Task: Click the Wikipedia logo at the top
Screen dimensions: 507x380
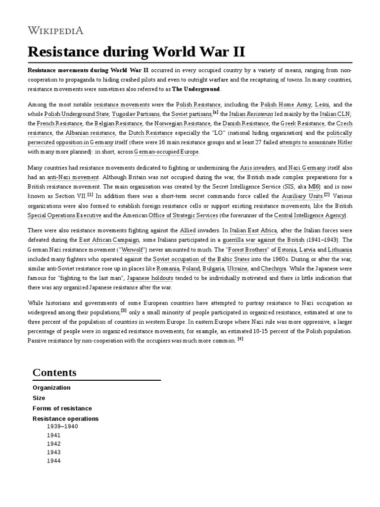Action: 55,31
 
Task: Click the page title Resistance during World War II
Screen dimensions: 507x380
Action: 136,52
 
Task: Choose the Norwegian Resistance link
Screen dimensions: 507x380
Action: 183,124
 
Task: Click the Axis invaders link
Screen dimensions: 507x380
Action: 257,168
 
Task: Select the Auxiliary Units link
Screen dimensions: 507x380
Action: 303,197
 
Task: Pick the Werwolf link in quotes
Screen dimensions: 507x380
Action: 135,249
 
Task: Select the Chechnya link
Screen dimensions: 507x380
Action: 274,268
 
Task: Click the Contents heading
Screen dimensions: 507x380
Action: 54,372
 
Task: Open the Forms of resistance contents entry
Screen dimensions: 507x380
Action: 62,408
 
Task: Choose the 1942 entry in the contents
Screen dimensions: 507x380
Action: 53,444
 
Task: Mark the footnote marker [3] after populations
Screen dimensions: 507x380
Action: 124,310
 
